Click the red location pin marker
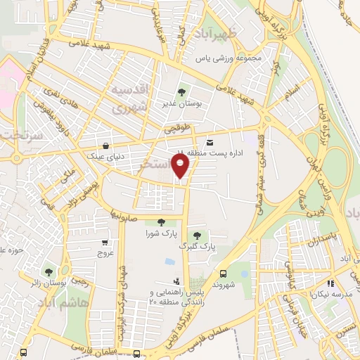(181, 166)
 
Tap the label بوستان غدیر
(183, 103)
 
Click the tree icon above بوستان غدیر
(183, 91)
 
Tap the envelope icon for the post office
(210, 143)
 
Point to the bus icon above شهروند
(224, 274)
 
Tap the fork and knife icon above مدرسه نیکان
(329, 283)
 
